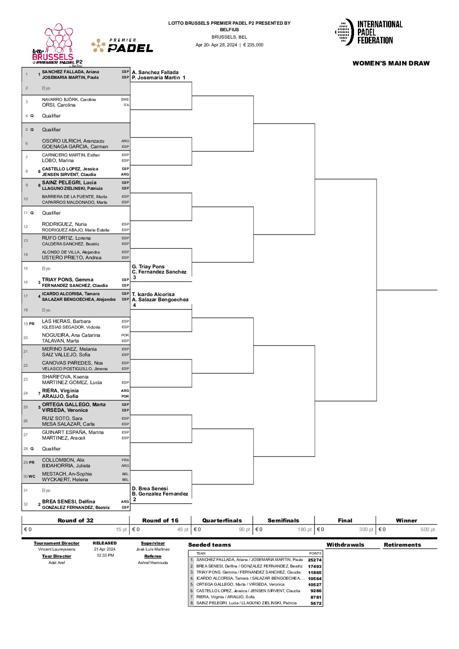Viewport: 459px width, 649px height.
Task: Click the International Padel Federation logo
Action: click(368, 32)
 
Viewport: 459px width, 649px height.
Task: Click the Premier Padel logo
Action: click(122, 46)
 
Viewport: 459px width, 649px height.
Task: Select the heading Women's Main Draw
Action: click(391, 63)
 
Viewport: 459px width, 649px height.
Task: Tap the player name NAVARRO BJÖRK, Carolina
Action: click(69, 99)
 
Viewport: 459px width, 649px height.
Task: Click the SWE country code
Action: click(125, 99)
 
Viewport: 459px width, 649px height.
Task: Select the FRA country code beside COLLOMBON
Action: click(125, 460)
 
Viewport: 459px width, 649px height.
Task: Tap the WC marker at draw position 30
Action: click(32, 476)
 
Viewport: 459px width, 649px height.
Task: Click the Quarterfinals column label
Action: click(222, 520)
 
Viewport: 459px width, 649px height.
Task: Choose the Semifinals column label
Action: click(283, 520)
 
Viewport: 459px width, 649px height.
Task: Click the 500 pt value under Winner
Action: click(427, 529)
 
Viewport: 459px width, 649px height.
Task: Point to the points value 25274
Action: click(315, 560)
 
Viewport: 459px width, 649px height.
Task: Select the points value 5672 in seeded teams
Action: click(316, 603)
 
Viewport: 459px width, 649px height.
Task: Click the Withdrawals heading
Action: click(345, 545)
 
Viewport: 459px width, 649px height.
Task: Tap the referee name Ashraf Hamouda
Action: click(153, 562)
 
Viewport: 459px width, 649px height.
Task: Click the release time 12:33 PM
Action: click(105, 555)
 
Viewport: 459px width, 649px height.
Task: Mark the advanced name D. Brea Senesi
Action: click(150, 489)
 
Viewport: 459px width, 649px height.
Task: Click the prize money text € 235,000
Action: click(253, 45)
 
